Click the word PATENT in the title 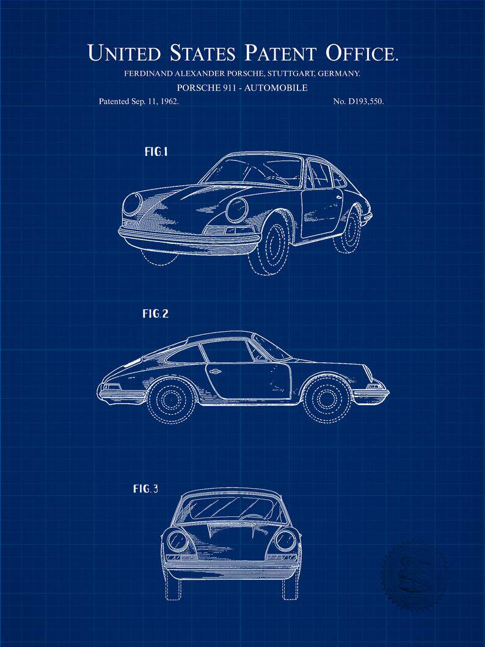click(x=280, y=53)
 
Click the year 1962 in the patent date click(x=170, y=101)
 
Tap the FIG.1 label click(x=156, y=152)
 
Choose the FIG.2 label click(x=156, y=313)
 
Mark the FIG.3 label click(x=145, y=489)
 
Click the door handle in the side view click(x=214, y=371)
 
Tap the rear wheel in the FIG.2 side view click(x=170, y=400)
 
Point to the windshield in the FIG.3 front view click(x=232, y=510)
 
